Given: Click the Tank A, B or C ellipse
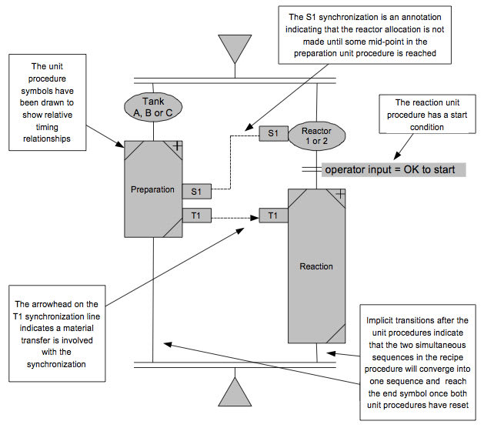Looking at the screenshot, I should coord(153,107).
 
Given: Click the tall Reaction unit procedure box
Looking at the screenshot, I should coord(316,266).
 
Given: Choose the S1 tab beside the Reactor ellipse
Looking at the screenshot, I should coord(273,133).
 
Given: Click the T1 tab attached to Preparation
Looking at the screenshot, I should coord(195,216).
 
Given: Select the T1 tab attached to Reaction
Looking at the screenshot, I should coord(273,216).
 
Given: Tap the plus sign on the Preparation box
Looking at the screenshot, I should coord(175,145).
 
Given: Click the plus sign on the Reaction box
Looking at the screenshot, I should coord(340,194).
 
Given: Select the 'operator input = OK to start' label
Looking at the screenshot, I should coord(390,169).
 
